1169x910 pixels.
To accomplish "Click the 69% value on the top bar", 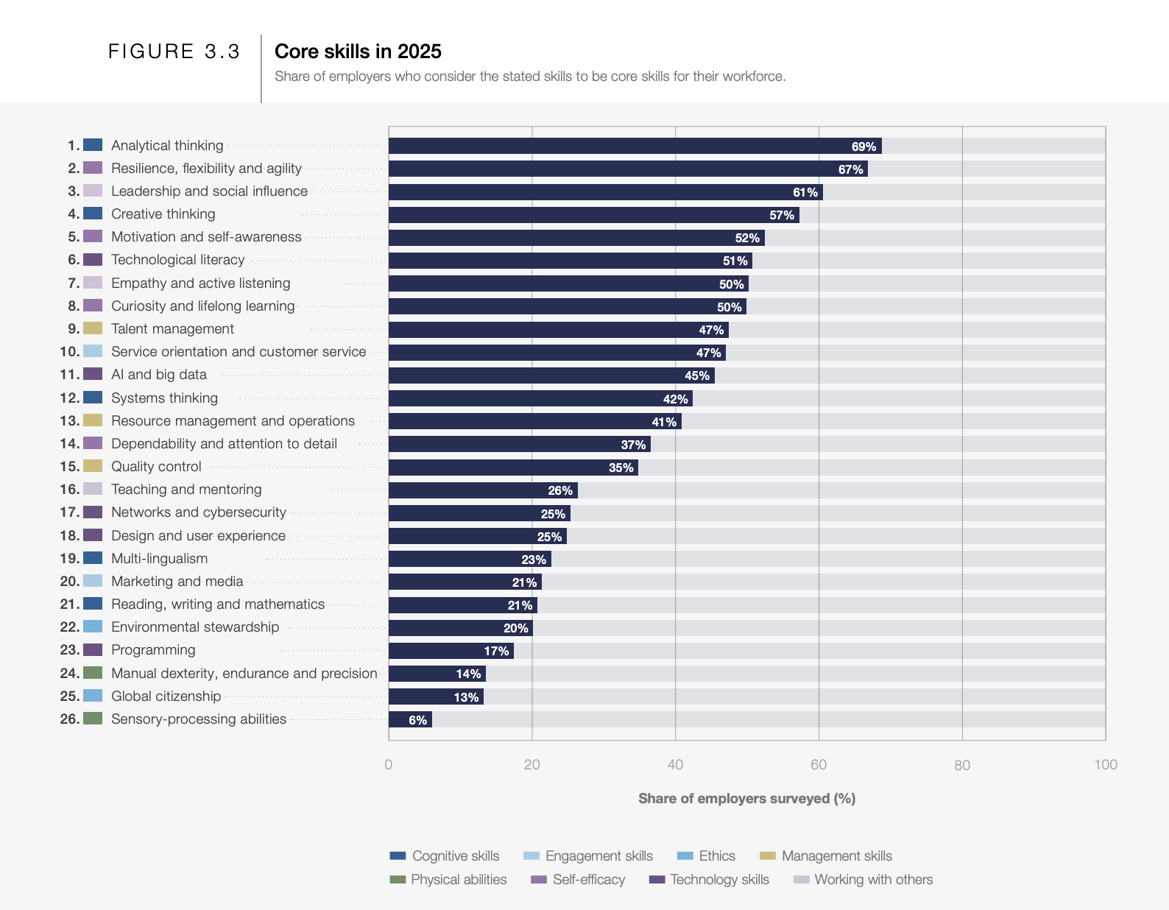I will click(863, 147).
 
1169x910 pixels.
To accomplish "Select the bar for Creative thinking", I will click(593, 215).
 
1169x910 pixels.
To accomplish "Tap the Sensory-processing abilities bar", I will click(410, 720).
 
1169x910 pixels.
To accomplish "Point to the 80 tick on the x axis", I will click(961, 765).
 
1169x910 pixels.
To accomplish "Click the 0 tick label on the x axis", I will click(389, 765).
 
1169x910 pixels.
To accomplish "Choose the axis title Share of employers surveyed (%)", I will click(746, 799).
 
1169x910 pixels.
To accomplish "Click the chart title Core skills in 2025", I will click(358, 52).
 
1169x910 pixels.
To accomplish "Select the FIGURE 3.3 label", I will click(174, 52).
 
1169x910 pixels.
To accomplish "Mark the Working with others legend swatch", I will click(802, 880).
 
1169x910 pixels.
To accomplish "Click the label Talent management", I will click(172, 329).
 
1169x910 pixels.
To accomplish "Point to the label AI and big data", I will click(159, 375).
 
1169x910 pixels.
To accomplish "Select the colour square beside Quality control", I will click(93, 466).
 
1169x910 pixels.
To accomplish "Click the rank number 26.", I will click(69, 719).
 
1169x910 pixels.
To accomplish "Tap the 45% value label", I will click(697, 376).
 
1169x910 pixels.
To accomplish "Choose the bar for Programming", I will click(451, 651).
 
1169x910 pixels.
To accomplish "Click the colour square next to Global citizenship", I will click(93, 696).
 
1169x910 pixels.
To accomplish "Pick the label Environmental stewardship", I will click(195, 627).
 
